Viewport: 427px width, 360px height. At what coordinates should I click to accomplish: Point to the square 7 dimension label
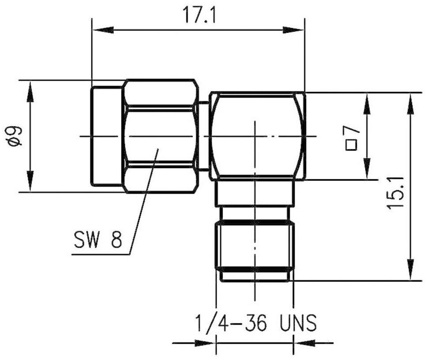352,139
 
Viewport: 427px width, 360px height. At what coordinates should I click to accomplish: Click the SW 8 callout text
98,240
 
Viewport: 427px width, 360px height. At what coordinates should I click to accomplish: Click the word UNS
298,323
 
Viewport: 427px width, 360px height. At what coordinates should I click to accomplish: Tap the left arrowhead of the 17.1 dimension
103,30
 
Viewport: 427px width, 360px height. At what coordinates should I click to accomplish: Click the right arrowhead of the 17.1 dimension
293,30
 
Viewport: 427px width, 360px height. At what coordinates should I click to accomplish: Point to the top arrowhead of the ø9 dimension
30,91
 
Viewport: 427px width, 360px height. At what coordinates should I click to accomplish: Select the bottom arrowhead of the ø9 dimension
30,181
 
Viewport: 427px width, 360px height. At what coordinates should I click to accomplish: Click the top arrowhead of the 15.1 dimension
411,104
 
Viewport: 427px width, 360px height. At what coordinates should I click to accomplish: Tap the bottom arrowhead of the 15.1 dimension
411,269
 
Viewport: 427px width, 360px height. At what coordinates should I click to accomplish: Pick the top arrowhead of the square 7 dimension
367,104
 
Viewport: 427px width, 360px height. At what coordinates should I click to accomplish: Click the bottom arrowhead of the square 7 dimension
367,169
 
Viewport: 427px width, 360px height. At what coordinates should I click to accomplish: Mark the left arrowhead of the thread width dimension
205,343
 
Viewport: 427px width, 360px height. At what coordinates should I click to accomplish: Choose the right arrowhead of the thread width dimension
304,343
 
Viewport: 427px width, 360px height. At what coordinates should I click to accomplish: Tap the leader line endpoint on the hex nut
158,149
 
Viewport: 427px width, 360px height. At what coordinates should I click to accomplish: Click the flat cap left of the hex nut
107,136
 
